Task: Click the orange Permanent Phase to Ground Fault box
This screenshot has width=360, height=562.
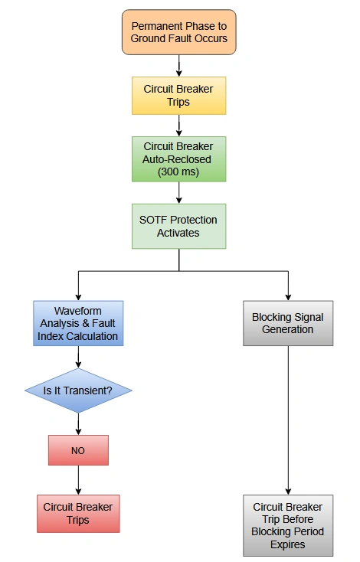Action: pyautogui.click(x=179, y=32)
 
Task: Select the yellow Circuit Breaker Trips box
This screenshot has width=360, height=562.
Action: pyautogui.click(x=179, y=95)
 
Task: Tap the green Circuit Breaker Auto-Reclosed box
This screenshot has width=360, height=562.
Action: pyautogui.click(x=179, y=159)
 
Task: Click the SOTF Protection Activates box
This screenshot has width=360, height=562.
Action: pyautogui.click(x=179, y=226)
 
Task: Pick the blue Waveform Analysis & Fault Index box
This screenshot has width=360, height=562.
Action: pyautogui.click(x=78, y=323)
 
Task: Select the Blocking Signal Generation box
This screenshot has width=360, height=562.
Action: pyautogui.click(x=288, y=323)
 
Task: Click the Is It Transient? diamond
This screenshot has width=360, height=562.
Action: pyautogui.click(x=78, y=390)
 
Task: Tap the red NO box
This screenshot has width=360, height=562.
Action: pyautogui.click(x=78, y=450)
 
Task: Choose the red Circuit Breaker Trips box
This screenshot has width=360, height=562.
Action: pyautogui.click(x=78, y=513)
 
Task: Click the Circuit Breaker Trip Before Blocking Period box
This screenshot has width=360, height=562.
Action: pyautogui.click(x=288, y=525)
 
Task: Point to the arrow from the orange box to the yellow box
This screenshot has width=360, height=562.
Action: pyautogui.click(x=179, y=65)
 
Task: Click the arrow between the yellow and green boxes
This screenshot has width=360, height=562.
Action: pyautogui.click(x=179, y=126)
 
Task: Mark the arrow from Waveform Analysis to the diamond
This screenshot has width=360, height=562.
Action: pyautogui.click(x=78, y=357)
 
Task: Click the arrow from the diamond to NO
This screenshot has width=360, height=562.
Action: pyautogui.click(x=78, y=424)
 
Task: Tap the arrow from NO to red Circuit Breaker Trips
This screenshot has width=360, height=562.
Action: pyautogui.click(x=78, y=479)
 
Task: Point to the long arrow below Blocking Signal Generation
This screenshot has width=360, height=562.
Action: pyautogui.click(x=288, y=421)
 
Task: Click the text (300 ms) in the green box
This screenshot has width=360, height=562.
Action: pyautogui.click(x=179, y=172)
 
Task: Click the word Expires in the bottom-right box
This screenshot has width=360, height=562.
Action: pyautogui.click(x=288, y=544)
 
